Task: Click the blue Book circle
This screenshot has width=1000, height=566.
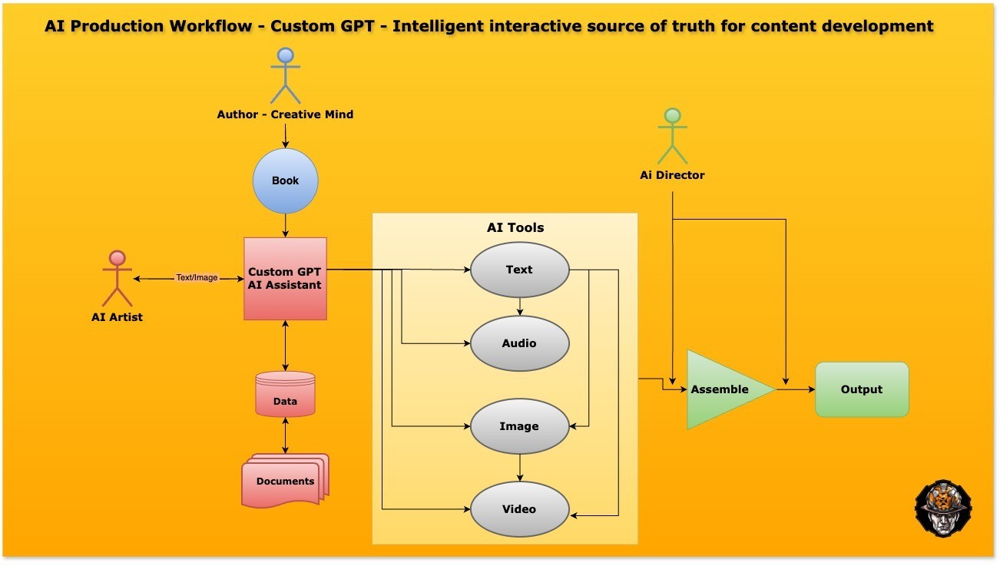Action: pos(285,181)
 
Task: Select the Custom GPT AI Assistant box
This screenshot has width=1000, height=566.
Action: pos(285,278)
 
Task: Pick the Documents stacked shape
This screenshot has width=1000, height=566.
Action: pos(285,481)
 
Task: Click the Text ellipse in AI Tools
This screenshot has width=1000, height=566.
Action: pos(519,270)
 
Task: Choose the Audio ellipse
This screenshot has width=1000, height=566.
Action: pos(519,343)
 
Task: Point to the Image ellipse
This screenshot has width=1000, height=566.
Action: pos(519,426)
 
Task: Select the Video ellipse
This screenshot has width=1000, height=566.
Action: pos(519,509)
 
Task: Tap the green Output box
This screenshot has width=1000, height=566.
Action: pos(861,389)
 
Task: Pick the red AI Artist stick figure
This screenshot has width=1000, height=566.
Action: pos(117,278)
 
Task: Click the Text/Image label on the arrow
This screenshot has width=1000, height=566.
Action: pos(197,278)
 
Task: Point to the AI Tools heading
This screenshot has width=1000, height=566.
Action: pos(515,227)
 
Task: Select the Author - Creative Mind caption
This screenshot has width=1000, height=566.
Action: pos(285,114)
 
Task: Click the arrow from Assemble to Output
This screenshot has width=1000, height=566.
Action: pos(796,389)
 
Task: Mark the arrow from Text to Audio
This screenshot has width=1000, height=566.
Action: pos(520,306)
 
